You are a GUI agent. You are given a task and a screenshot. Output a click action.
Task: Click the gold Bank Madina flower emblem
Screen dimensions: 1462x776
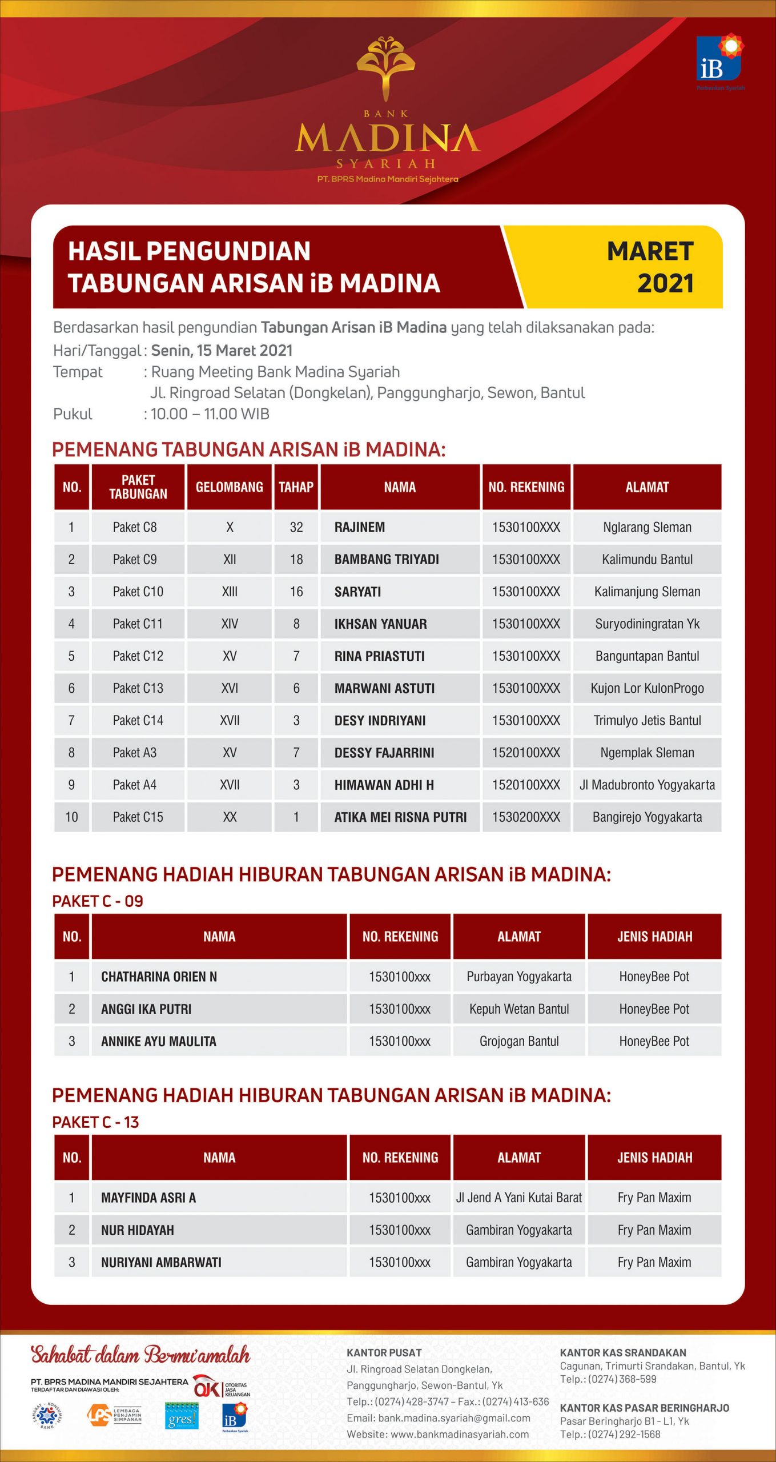tap(386, 67)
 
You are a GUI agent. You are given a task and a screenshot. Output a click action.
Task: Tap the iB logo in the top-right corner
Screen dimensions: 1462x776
tap(720, 59)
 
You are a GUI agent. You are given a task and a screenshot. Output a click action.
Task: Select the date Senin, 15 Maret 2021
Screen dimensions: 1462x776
tap(222, 350)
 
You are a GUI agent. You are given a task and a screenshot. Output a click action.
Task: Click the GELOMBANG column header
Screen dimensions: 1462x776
tap(230, 487)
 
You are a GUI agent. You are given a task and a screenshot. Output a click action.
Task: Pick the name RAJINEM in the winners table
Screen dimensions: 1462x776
tap(360, 527)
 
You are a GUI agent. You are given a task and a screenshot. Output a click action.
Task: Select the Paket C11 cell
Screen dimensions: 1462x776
tap(138, 624)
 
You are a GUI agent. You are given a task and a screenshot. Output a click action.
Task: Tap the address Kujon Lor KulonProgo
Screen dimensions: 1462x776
tap(647, 688)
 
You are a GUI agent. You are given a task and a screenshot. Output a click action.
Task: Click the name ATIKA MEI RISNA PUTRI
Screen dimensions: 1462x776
tap(400, 817)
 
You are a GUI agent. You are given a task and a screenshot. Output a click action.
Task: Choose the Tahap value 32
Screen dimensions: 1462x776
tap(296, 527)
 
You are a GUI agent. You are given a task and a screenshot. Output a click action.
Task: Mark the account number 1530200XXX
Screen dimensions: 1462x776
tap(526, 817)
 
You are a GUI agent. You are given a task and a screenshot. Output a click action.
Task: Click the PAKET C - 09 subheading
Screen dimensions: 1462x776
tap(98, 901)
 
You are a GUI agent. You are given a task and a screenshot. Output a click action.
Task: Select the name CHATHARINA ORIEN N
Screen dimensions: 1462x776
tap(159, 977)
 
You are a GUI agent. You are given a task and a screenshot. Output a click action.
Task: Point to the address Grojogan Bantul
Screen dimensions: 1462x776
tap(519, 1041)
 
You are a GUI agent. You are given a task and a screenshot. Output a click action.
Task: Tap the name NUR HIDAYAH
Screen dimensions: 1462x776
tap(138, 1230)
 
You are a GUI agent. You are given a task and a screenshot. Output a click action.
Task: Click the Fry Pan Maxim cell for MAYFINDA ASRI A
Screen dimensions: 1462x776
tap(654, 1198)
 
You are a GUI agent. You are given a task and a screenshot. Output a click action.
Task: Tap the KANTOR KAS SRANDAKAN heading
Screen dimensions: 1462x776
tap(622, 1353)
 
